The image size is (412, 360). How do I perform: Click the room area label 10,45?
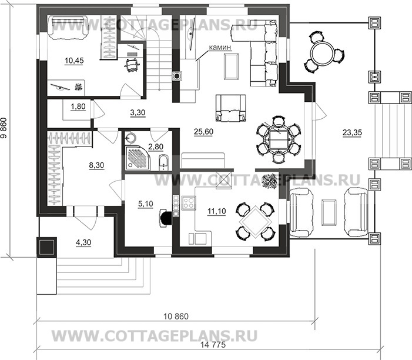(74, 61)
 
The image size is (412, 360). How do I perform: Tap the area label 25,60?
(203, 132)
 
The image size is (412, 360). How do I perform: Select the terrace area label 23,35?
(352, 133)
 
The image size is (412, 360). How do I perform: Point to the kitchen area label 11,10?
(216, 211)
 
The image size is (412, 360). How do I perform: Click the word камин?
(220, 47)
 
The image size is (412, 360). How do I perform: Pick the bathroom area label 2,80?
(156, 146)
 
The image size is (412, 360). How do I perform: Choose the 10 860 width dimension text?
(176, 316)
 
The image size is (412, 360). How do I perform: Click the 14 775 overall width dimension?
(213, 345)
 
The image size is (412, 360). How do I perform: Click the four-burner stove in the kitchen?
(189, 204)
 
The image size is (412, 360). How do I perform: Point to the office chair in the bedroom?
(132, 65)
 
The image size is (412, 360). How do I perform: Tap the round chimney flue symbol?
(177, 76)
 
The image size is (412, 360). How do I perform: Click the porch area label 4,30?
(83, 242)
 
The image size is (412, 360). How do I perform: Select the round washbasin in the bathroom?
(130, 138)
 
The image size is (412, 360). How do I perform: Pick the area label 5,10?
(145, 204)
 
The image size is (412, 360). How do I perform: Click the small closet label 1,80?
(78, 106)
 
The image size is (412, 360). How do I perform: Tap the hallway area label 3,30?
(138, 112)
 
